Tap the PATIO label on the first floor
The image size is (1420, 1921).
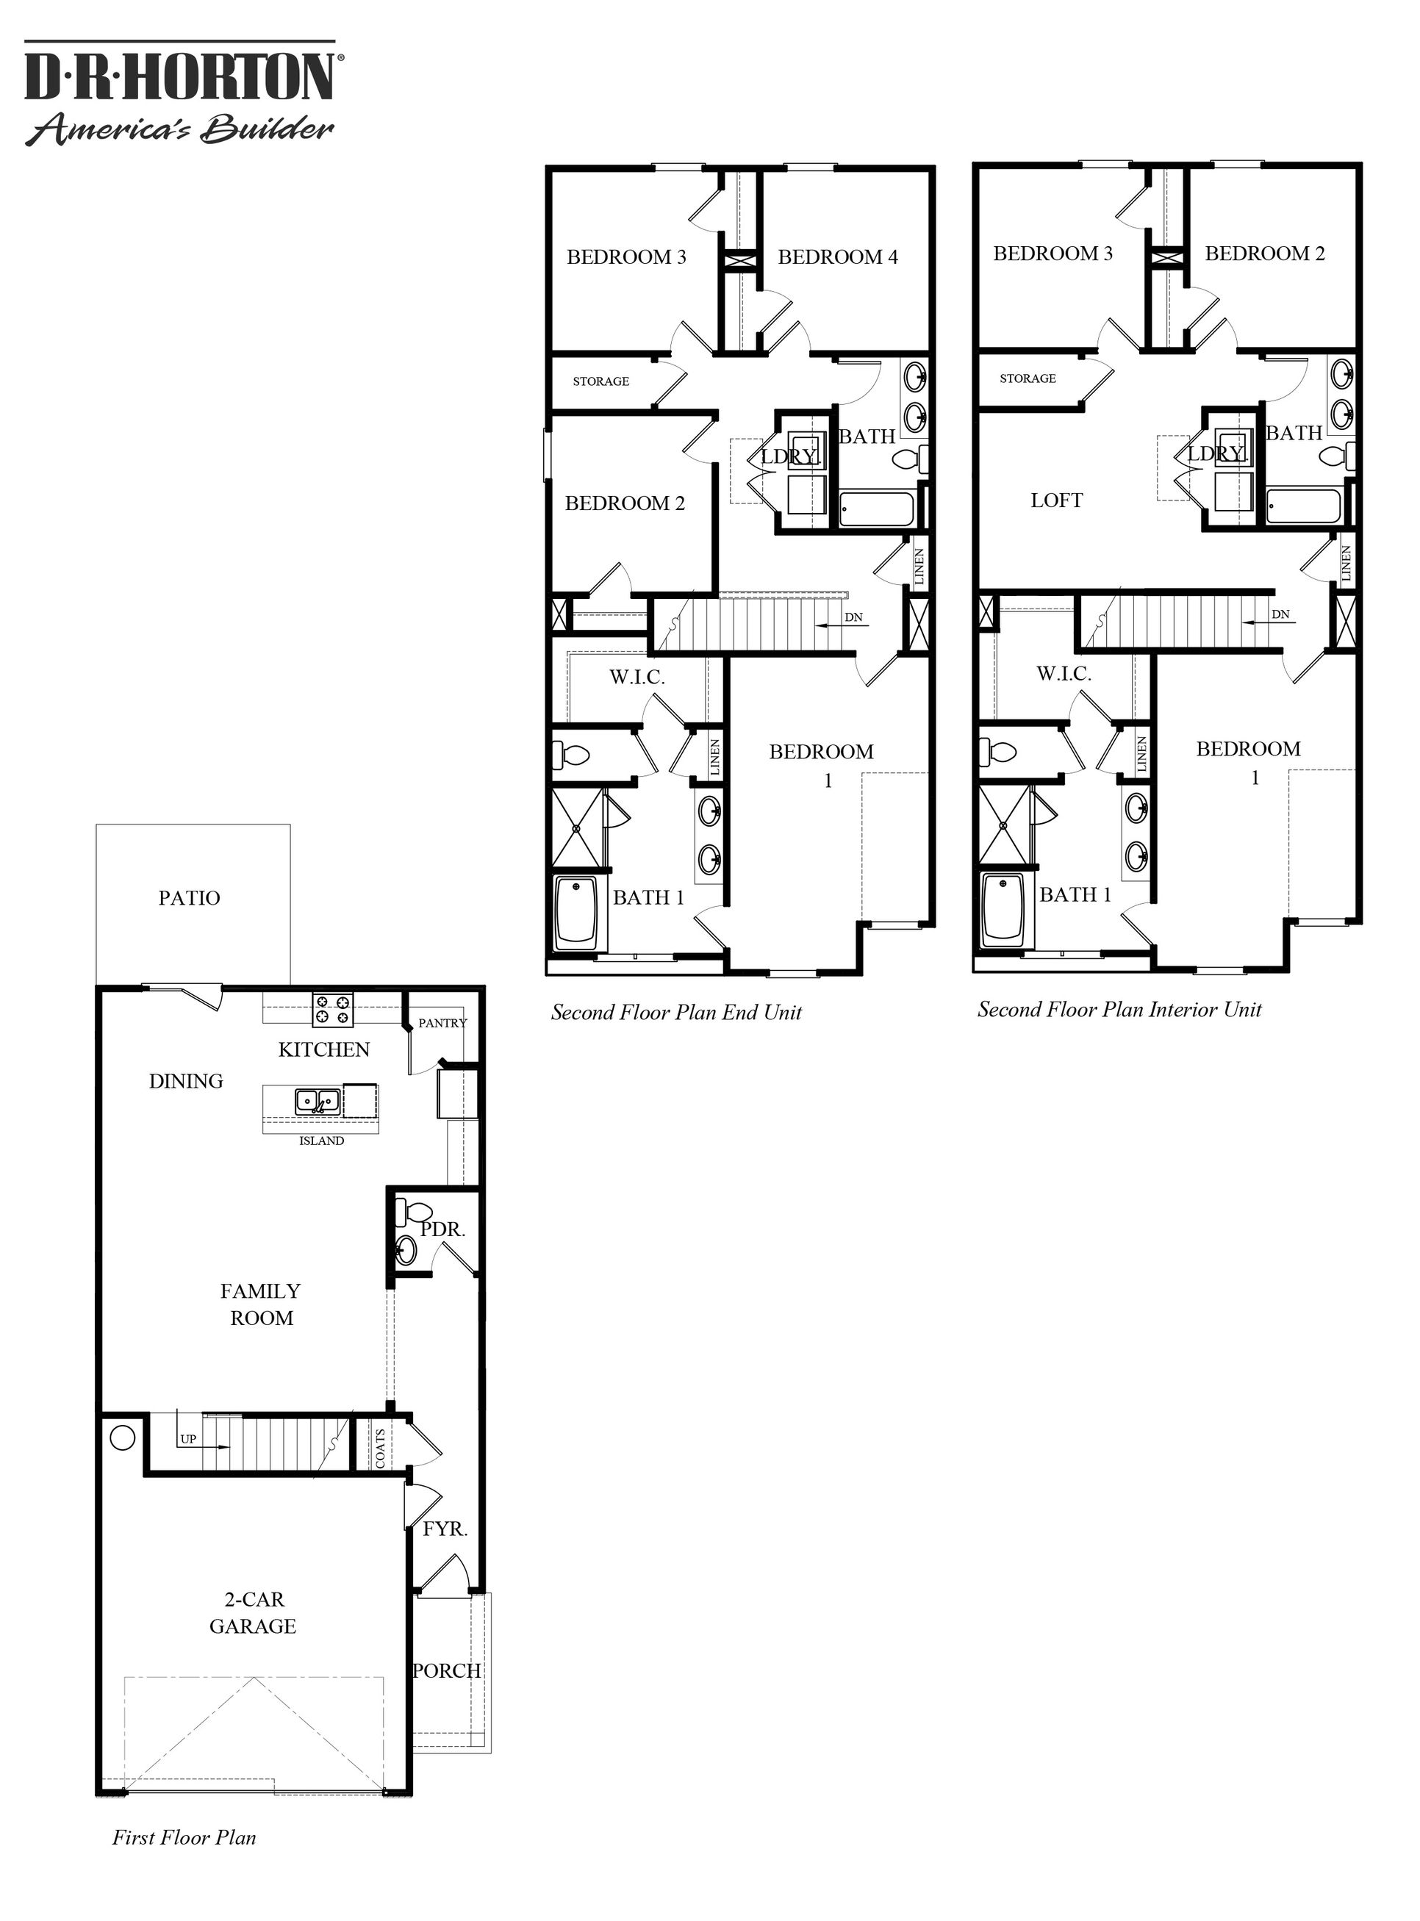pos(189,898)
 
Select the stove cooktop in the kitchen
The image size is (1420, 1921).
pos(333,1008)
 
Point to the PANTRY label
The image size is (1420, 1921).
pos(442,1023)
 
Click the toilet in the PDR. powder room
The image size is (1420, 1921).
pos(405,1213)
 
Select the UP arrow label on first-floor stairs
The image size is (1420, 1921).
pos(188,1439)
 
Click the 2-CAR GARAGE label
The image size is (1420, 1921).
pos(253,1612)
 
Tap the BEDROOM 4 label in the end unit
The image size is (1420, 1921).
pos(837,257)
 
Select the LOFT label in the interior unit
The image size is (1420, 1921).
pos(1056,500)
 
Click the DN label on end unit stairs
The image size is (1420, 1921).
pos(853,617)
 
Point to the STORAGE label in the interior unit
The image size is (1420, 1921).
pos(1028,378)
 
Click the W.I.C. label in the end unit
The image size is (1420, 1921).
pos(637,678)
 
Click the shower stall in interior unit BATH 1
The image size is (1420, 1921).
pos(1004,823)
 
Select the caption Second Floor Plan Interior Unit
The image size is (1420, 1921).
pos(1119,1009)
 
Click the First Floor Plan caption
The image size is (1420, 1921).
pos(184,1838)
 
